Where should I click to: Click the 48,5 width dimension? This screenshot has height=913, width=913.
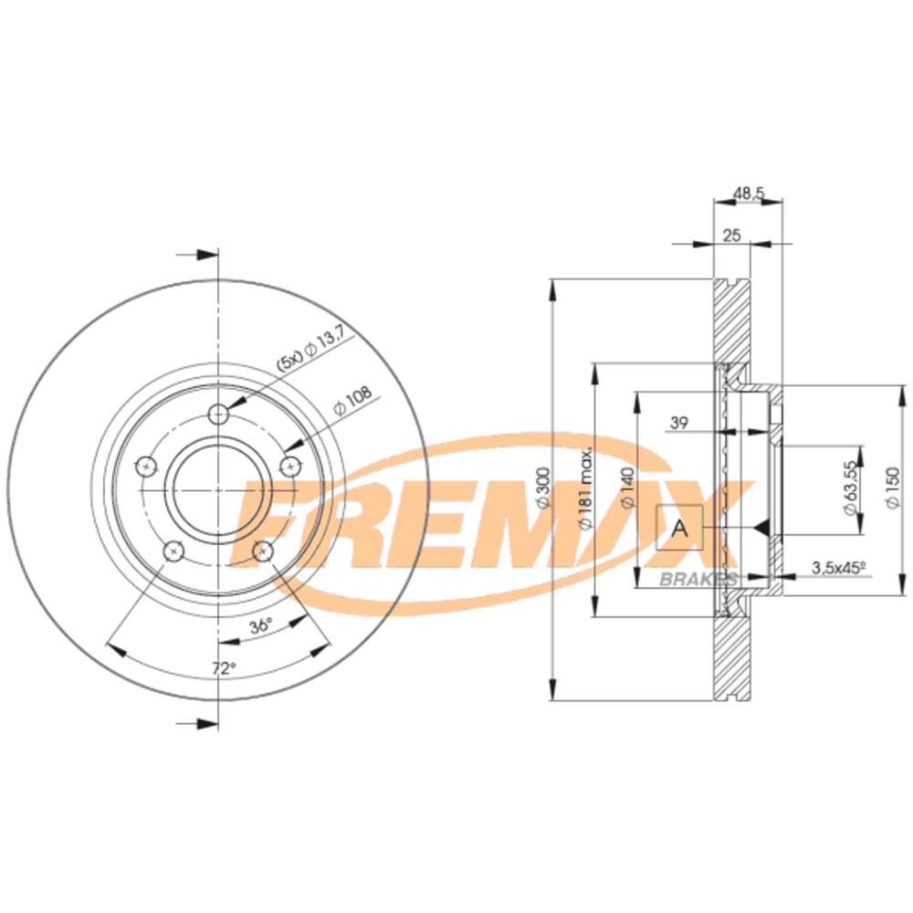748,194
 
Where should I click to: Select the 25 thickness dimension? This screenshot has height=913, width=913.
730,236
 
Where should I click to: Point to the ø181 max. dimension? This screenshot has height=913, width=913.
585,488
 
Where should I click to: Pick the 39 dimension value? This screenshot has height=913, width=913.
678,422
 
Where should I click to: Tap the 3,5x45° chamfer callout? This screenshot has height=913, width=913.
837,568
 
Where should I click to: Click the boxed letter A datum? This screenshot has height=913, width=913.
679,528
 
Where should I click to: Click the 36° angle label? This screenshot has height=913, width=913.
261,626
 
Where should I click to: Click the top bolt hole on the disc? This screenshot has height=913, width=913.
218,415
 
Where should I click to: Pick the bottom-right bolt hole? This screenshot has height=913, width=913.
263,551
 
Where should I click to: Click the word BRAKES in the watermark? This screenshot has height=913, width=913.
698,580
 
